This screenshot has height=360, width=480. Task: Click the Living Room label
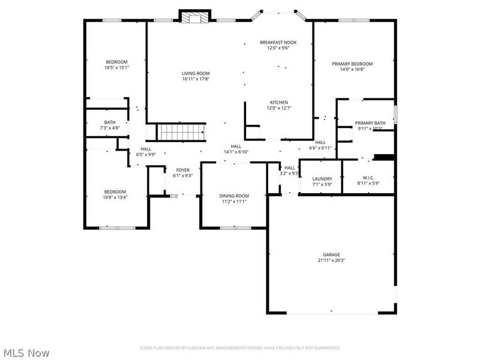196,73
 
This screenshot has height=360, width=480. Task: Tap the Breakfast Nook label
278,42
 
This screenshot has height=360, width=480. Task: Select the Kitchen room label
278,103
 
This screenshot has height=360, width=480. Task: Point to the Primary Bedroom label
352,64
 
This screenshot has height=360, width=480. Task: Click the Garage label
331,254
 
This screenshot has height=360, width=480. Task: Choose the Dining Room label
233,196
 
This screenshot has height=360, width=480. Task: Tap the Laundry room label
322,179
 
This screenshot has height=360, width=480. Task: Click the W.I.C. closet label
368,178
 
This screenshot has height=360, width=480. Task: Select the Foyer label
183,170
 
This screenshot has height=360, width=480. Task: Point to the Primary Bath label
369,122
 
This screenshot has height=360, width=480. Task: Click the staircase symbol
181,131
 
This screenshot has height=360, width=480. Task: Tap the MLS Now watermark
26,353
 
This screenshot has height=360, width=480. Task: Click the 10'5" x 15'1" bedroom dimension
116,68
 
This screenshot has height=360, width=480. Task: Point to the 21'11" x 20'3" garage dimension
331,260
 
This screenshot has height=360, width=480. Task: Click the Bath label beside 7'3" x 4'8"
109,122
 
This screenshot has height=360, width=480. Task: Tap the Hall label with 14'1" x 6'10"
236,146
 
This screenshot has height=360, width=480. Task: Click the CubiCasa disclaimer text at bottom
240,347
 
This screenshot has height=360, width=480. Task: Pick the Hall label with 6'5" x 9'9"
146,149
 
